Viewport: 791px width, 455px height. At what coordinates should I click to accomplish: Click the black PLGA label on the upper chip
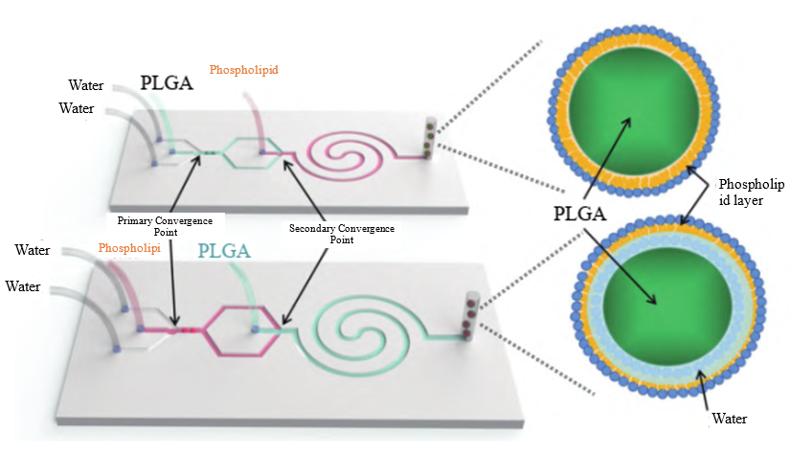pyautogui.click(x=167, y=83)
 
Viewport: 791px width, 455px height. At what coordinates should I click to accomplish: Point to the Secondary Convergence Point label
pyautogui.click(x=342, y=234)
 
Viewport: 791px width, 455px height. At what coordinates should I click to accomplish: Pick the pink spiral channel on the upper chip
pyautogui.click(x=347, y=152)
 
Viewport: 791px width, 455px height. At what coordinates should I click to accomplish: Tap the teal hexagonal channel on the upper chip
pyautogui.click(x=249, y=152)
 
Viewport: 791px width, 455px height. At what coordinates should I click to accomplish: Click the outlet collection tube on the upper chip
pyautogui.click(x=430, y=139)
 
